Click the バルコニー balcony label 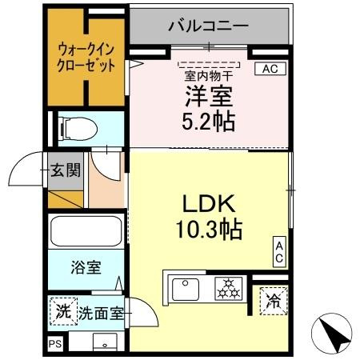(208, 26)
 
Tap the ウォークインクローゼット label (86, 58)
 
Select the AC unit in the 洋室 (270, 69)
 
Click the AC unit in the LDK (279, 252)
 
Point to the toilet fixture (78, 129)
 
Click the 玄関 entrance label (66, 170)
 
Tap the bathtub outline (86, 231)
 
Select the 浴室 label (86, 267)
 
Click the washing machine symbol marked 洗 (63, 311)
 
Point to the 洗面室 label (101, 313)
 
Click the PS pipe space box (55, 343)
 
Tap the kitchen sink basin (186, 290)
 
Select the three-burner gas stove (229, 289)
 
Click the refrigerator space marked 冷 (274, 301)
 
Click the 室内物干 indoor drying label (209, 77)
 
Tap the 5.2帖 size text (208, 122)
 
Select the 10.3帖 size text (209, 229)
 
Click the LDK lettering (209, 203)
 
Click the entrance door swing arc (18, 163)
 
